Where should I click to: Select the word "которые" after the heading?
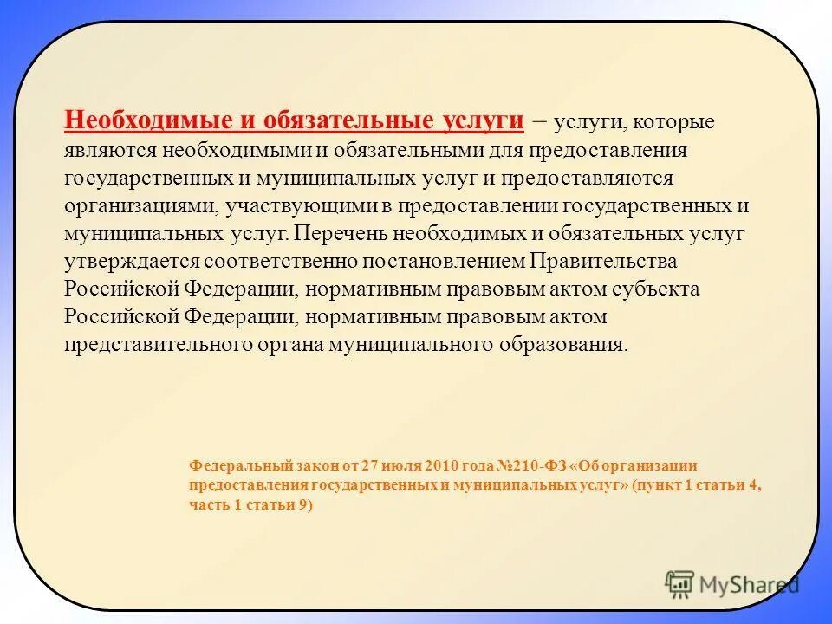click(682, 122)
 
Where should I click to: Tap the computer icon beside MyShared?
click(680, 584)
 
